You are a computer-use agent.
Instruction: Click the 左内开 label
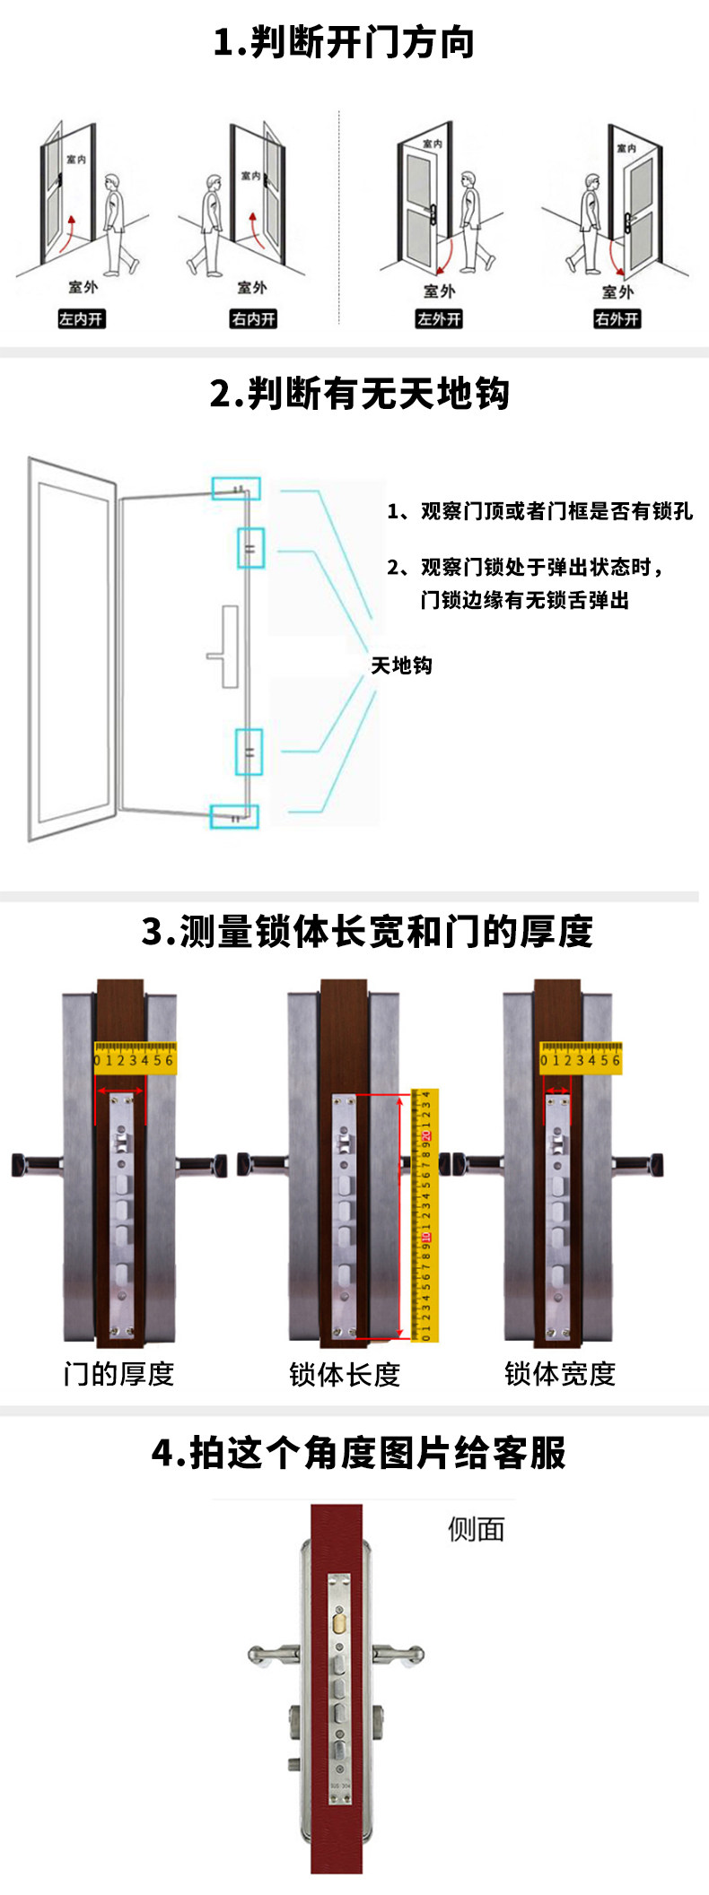coord(81,318)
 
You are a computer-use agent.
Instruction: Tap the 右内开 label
coord(253,318)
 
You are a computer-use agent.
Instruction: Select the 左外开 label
coord(439,318)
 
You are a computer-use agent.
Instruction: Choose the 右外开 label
coord(617,318)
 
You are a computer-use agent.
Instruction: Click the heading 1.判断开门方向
coord(344,42)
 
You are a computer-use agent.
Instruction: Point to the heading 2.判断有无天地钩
coord(359,394)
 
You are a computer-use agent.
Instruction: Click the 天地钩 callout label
coord(401,665)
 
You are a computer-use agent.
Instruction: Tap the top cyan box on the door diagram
coord(236,488)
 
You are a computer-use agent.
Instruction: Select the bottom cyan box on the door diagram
coord(234,816)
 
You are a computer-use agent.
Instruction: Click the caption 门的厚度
coord(118,1373)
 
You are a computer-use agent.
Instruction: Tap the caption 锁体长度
coord(345,1373)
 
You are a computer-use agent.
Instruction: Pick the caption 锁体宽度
coord(560,1373)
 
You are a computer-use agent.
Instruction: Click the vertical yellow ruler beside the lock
coord(425,1216)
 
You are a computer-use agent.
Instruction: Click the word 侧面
coord(476,1529)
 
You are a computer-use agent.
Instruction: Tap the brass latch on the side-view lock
coord(340,1622)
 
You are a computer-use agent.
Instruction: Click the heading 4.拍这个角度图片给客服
coord(358,1454)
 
